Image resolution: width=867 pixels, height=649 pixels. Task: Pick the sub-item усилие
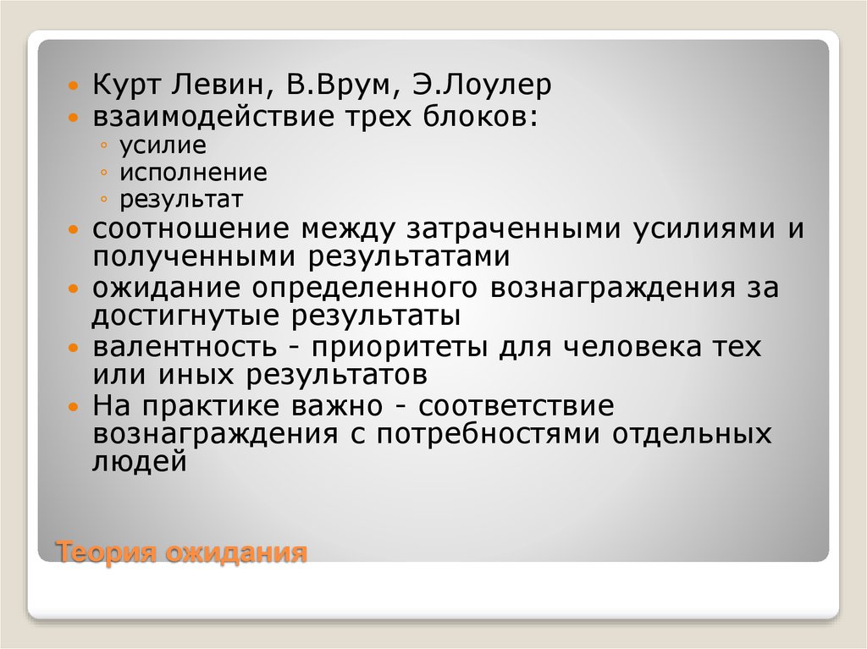(x=151, y=145)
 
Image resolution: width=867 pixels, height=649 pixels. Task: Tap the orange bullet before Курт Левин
(x=75, y=86)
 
